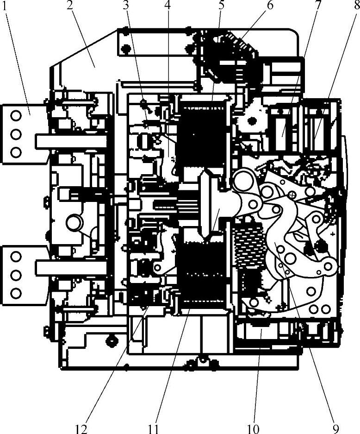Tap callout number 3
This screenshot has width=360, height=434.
coord(126,6)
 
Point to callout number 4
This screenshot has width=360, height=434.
coord(168,6)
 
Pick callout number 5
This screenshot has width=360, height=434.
coord(221,6)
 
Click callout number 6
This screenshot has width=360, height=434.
coord(270,6)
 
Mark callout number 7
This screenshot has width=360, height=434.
coord(318,5)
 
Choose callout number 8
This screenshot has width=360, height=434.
coord(357,6)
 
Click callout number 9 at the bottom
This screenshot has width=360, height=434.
coord(335,429)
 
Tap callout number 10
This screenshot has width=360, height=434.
coord(253,429)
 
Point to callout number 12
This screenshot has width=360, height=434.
coord(81,429)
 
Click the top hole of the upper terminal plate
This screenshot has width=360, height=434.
coord(16,116)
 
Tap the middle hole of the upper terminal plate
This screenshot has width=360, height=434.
coord(16,134)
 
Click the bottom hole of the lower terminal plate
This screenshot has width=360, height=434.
coord(16,293)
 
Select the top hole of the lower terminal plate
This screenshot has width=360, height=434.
coord(16,257)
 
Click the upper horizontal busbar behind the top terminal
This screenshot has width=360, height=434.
coord(71,141)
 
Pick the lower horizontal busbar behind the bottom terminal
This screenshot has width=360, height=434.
coord(71,268)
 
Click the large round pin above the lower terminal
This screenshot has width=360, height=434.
coord(74,222)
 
